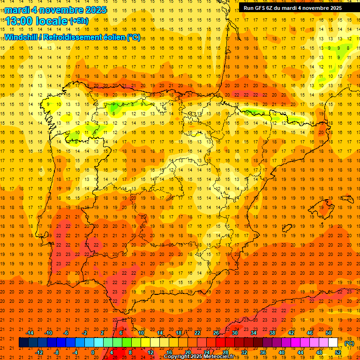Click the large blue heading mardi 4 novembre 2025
[56, 10]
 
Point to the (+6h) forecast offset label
[78, 21]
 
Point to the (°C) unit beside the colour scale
[349, 343]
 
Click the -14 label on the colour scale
[30, 333]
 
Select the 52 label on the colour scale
[338, 352]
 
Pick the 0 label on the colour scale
[93, 352]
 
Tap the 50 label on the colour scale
[329, 333]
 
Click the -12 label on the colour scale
[39, 352]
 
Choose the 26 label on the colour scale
[216, 333]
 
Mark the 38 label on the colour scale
[272, 333]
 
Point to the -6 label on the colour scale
[67, 333]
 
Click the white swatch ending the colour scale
[333, 343]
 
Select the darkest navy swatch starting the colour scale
[23, 343]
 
